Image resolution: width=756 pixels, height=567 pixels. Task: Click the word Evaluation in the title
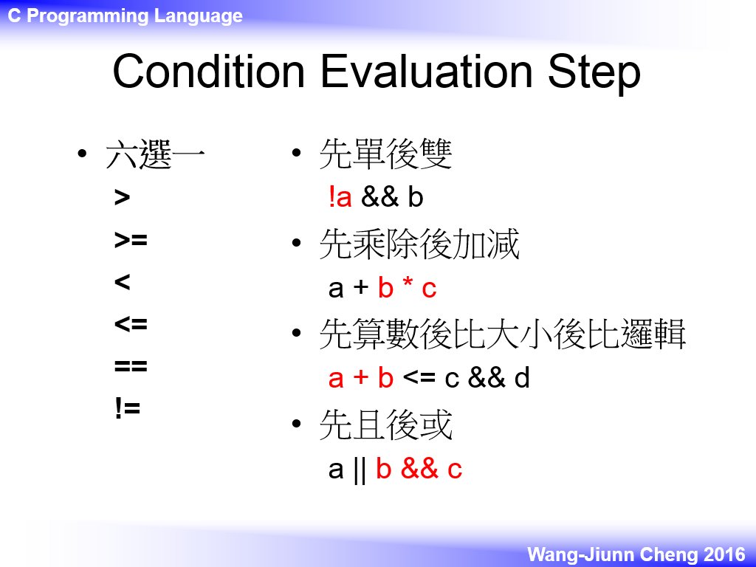426,71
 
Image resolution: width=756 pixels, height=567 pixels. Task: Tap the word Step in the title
594,74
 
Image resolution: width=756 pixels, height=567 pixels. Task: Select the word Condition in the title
209,71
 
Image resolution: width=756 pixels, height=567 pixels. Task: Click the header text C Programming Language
126,16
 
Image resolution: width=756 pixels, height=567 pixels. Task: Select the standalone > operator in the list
122,198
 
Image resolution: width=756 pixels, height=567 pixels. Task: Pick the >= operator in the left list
131,240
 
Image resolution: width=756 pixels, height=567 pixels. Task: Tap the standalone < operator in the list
122,281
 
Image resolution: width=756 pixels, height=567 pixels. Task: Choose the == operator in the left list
131,366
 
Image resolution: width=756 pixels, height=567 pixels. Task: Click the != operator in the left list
127,408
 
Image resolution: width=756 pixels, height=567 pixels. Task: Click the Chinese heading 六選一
155,154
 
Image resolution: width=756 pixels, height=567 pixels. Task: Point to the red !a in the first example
340,197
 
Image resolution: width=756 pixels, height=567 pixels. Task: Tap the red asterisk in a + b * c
408,283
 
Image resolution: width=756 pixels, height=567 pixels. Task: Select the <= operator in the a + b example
419,377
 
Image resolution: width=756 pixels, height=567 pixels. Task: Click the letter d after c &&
522,377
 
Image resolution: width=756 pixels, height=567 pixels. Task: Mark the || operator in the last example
360,470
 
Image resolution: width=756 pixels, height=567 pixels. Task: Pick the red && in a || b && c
419,468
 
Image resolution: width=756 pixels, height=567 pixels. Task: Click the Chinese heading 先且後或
385,425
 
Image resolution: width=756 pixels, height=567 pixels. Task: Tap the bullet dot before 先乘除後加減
297,242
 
